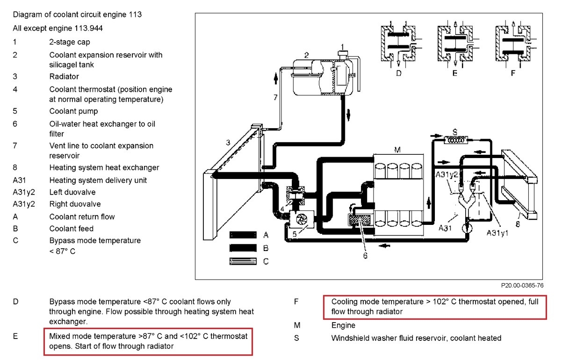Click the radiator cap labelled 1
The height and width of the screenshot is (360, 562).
[342, 55]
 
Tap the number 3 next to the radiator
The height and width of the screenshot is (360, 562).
[228, 143]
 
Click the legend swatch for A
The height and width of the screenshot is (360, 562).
[243, 235]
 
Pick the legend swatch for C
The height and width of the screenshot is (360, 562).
[243, 262]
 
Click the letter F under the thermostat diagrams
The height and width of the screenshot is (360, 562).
[513, 73]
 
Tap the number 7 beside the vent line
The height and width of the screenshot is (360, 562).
[275, 97]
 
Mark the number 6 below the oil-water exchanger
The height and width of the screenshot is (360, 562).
[365, 255]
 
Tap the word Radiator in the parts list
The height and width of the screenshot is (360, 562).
[64, 76]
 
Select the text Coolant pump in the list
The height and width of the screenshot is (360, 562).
[73, 111]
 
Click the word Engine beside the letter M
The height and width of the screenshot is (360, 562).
[343, 325]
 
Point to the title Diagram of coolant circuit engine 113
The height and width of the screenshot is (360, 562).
[77, 14]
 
